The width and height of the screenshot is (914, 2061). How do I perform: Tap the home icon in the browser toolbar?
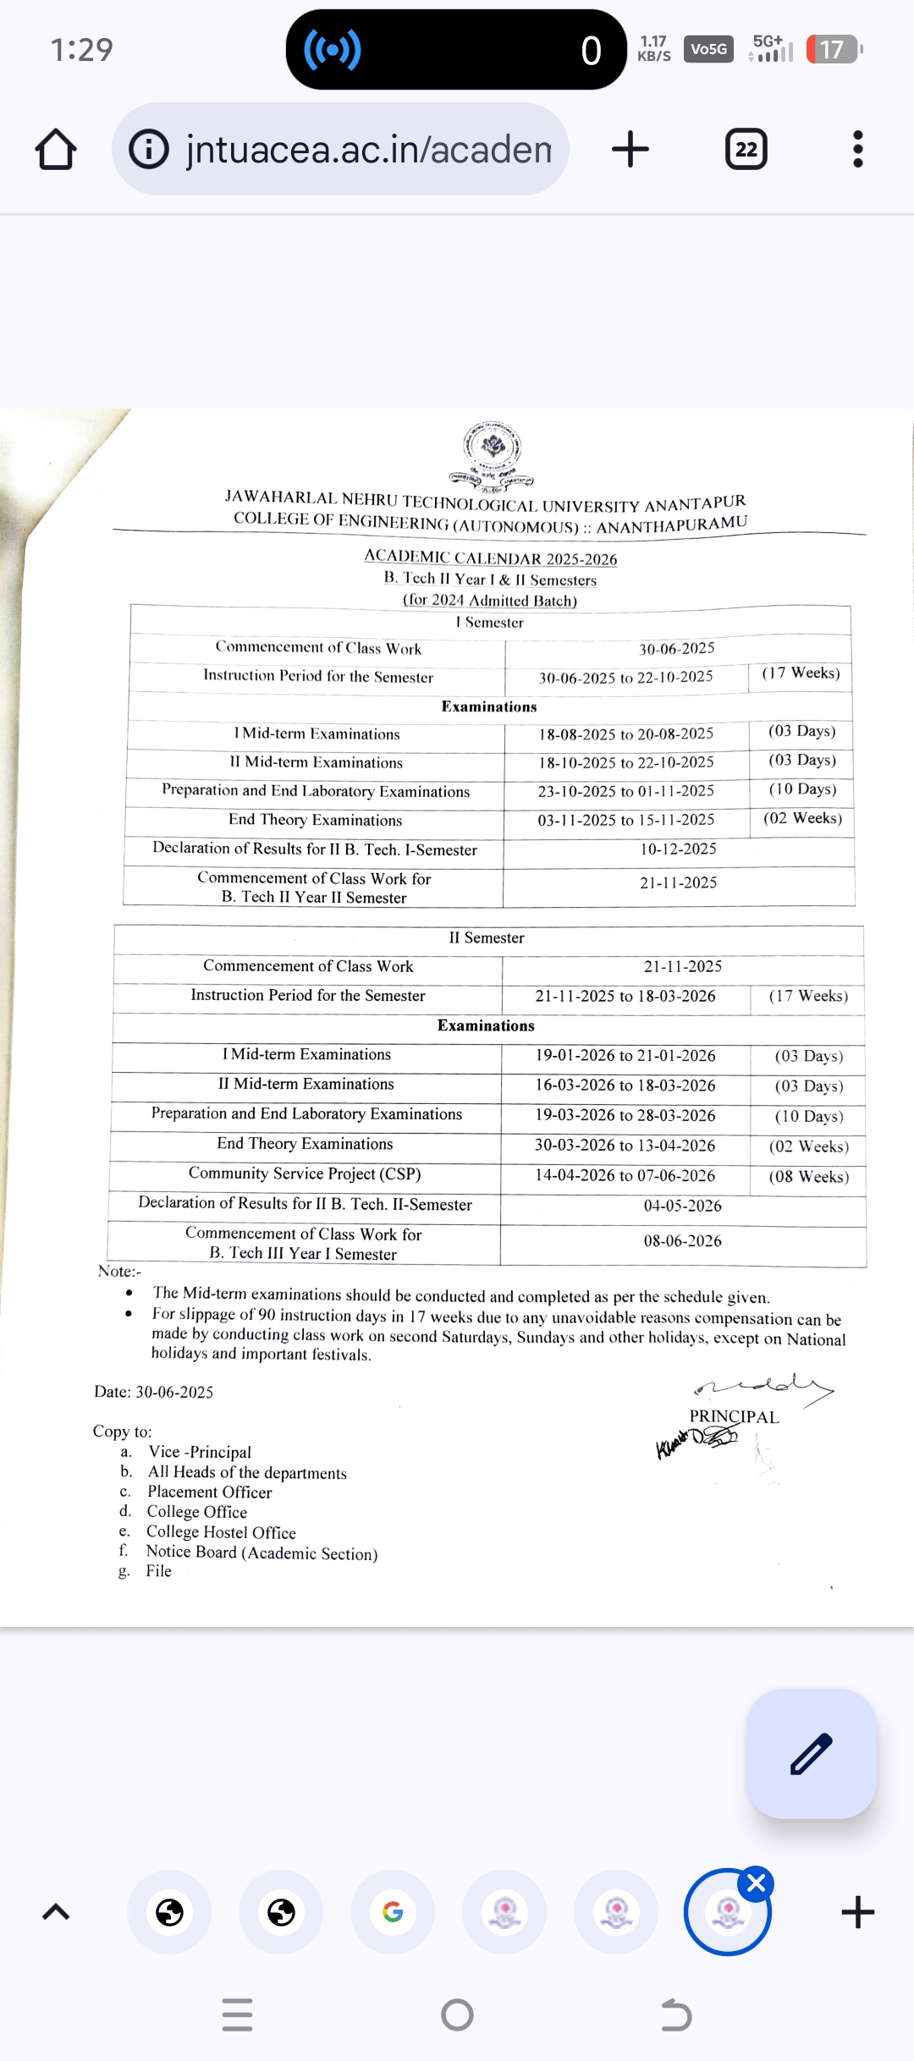pos(56,150)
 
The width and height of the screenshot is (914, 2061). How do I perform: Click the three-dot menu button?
pos(857,149)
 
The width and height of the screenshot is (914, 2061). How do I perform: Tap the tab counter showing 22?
pos(746,150)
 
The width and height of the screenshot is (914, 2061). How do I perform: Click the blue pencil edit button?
pos(811,1753)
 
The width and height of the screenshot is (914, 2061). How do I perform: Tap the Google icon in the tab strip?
pos(393,1912)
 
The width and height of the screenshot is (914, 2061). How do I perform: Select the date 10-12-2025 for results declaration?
pos(678,849)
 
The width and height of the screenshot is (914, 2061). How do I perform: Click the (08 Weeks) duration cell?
pos(808,1176)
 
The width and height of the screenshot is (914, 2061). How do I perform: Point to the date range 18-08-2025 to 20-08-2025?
pos(625,734)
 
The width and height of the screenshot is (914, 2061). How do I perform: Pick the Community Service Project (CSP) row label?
pos(305,1173)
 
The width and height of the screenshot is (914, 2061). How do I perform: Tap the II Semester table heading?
pos(487,937)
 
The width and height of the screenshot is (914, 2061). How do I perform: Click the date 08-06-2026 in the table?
pos(682,1241)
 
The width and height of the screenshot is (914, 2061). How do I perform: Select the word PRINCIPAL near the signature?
pos(734,1416)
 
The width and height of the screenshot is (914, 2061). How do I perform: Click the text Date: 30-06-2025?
pos(154,1392)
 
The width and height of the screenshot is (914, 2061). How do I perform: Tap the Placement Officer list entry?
pos(209,1492)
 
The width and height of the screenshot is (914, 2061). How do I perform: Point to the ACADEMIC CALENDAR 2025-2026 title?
pos(491,558)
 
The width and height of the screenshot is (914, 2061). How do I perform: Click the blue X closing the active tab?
pos(756,1883)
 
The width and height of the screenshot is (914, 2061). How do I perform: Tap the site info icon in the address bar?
pos(149,150)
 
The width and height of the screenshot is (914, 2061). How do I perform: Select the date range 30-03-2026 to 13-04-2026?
pos(625,1145)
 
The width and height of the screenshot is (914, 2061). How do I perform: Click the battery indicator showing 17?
pos(833,49)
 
